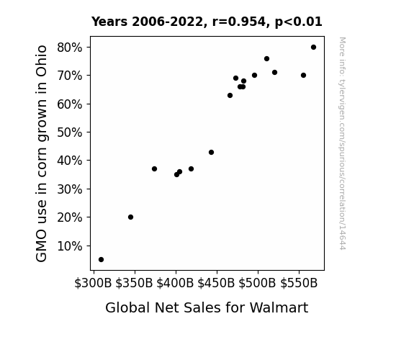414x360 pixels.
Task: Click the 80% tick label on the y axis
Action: tap(69, 48)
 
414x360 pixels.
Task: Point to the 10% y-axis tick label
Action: tap(69, 246)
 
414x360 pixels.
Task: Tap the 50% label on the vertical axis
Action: tap(69, 132)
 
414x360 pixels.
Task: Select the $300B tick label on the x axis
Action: tap(93, 283)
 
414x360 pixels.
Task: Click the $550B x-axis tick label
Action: tap(299, 283)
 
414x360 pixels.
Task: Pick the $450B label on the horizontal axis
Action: tap(216, 283)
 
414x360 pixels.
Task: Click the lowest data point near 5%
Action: tap(101, 260)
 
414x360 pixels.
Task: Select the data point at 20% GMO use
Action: tap(131, 217)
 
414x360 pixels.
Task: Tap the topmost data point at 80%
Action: tap(313, 48)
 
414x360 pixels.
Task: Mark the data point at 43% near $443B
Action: tap(211, 153)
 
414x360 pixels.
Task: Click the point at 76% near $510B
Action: tap(266, 58)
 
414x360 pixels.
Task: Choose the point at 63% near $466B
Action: tap(230, 95)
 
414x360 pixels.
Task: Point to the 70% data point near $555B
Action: tap(303, 76)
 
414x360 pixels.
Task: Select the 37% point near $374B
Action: tap(155, 168)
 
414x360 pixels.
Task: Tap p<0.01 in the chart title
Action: tap(299, 22)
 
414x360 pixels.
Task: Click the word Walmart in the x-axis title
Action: tap(279, 307)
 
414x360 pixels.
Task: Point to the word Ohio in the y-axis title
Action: tap(42, 61)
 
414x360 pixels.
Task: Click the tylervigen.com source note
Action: tap(342, 143)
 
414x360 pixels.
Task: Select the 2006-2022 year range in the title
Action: tap(167, 22)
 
